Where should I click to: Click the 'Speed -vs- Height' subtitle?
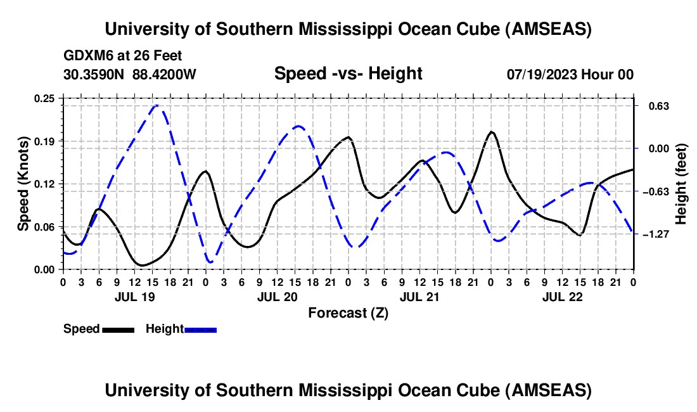[x=348, y=74]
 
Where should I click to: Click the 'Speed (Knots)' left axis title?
[x=23, y=184]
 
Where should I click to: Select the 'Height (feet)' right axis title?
[x=681, y=184]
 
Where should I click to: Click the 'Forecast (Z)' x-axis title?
[x=348, y=312]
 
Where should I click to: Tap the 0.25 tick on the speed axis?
[x=46, y=98]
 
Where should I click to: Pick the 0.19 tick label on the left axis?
[x=46, y=141]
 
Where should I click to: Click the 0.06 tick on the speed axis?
[x=46, y=226]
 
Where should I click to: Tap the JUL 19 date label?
[x=134, y=296]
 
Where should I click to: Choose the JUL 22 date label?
[x=562, y=296]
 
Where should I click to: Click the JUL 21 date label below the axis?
[x=419, y=296]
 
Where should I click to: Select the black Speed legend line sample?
[x=118, y=329]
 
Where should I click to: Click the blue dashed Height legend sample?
[x=201, y=329]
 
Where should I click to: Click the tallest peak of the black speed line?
[x=491, y=132]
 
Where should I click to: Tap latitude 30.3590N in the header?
[x=96, y=74]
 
